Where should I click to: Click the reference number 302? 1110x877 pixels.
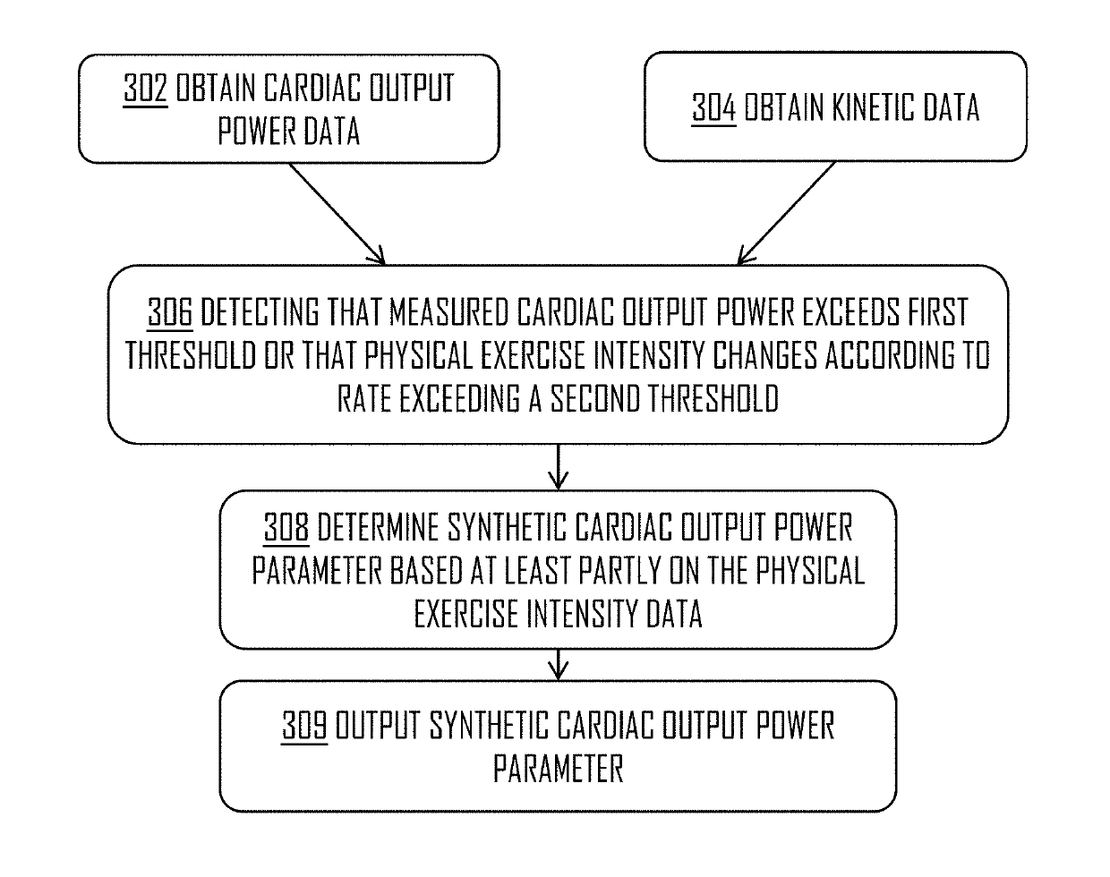click(x=145, y=89)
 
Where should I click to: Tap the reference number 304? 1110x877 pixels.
click(x=714, y=108)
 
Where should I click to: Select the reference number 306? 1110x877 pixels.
click(x=170, y=313)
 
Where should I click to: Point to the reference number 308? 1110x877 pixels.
click(x=286, y=529)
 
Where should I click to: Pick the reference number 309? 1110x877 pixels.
click(x=304, y=726)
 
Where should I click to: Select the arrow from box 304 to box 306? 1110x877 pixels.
click(x=785, y=214)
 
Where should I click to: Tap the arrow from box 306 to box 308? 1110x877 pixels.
click(x=558, y=466)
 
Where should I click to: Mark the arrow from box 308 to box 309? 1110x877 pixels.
click(x=558, y=664)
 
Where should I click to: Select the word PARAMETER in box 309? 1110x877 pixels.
click(x=558, y=769)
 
